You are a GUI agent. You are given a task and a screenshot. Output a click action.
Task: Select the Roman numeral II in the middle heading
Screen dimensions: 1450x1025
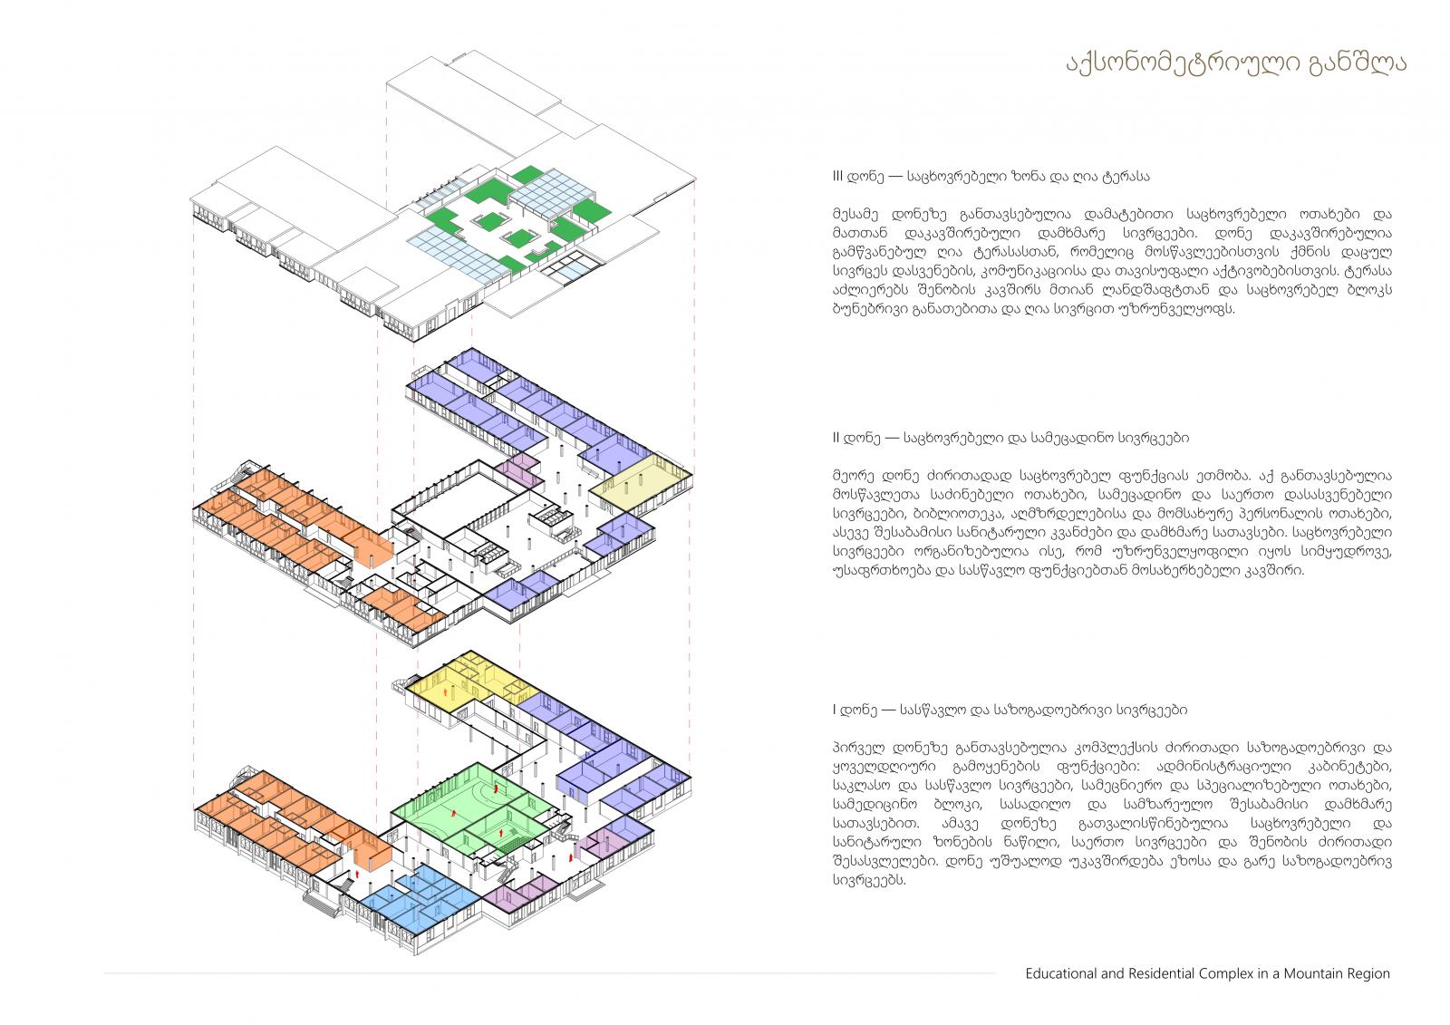coord(836,438)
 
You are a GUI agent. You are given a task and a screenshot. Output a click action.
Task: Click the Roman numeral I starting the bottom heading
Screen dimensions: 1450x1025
coord(835,710)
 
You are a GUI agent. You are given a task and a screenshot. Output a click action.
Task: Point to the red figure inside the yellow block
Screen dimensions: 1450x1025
coord(446,692)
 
